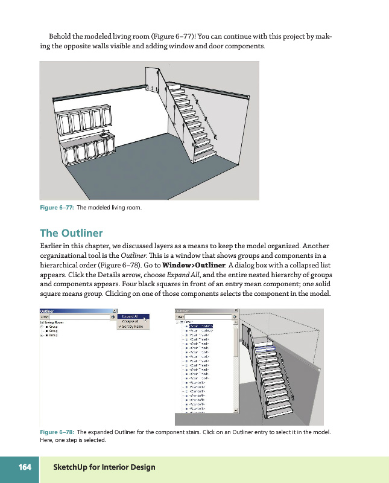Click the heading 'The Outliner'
tap(71, 233)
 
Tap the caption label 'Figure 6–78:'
tap(57, 432)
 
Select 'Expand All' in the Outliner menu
tap(131, 316)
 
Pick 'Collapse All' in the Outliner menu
tap(131, 321)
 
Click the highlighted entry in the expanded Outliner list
tap(202, 326)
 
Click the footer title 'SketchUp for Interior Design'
tap(104, 467)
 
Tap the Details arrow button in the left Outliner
tap(112, 316)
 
